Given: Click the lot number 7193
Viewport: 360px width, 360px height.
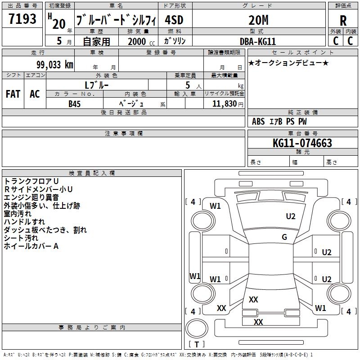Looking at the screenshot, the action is (x=22, y=19).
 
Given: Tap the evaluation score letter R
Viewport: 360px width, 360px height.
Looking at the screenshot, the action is (x=343, y=20).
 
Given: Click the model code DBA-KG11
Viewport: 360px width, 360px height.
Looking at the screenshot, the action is (x=258, y=41).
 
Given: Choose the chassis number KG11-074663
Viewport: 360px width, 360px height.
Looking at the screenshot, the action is (x=302, y=143).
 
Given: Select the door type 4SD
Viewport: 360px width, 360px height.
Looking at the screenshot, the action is (x=175, y=20).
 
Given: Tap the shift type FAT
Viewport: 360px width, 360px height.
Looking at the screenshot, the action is (x=13, y=94).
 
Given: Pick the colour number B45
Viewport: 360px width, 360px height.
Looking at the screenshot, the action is (x=75, y=104).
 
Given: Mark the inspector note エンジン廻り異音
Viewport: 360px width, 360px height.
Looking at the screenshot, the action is (x=31, y=197).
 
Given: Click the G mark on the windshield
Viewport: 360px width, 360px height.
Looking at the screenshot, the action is (x=284, y=237).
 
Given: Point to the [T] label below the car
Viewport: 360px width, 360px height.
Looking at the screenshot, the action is (x=196, y=345).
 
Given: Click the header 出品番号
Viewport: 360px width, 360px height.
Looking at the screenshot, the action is (x=22, y=6).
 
